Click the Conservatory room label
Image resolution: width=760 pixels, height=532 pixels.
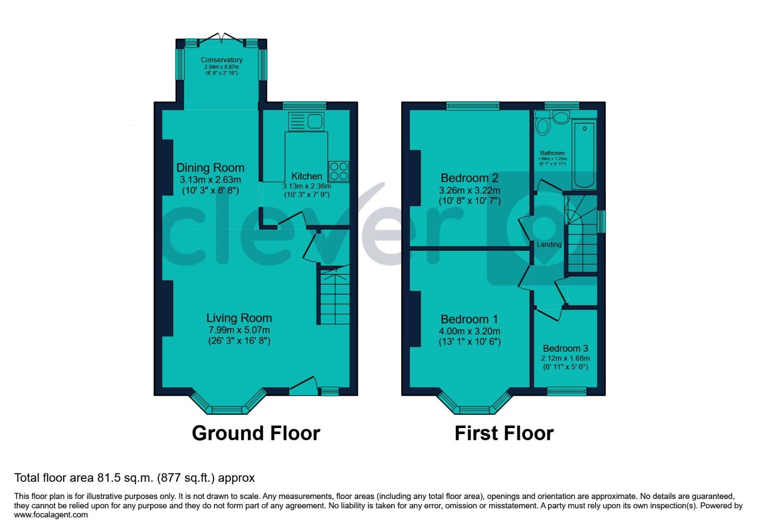click(x=222, y=60)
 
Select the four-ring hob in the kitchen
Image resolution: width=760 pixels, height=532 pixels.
click(x=339, y=171)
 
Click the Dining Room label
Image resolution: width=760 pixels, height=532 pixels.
click(x=210, y=168)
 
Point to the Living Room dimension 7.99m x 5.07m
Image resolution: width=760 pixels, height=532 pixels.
click(x=239, y=330)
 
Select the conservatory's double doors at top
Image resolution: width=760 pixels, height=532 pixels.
click(x=222, y=38)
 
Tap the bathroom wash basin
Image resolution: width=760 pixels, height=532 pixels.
click(x=560, y=117)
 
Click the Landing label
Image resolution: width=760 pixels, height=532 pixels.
click(x=549, y=245)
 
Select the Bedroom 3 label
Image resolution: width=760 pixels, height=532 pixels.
click(x=565, y=349)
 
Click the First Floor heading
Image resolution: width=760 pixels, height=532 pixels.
click(x=504, y=433)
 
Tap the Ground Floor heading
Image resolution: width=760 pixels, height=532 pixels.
click(x=256, y=433)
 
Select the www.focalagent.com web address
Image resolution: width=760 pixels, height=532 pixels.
click(x=51, y=515)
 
